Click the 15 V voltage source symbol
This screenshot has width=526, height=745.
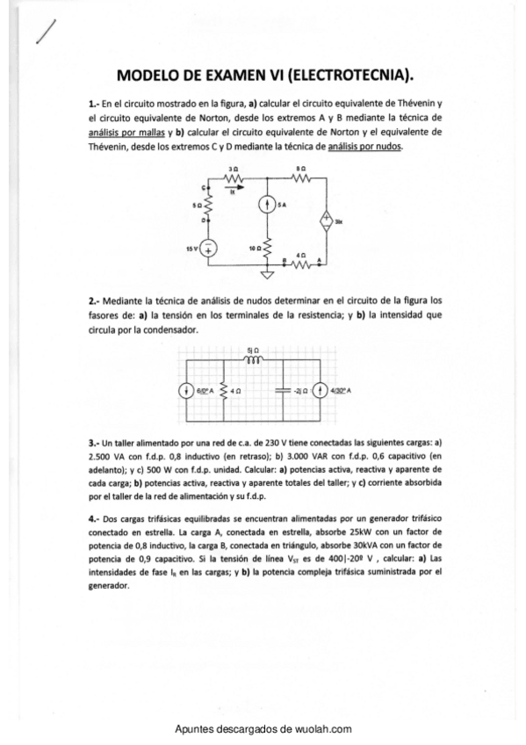[208, 250]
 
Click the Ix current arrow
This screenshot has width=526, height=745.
[233, 186]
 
